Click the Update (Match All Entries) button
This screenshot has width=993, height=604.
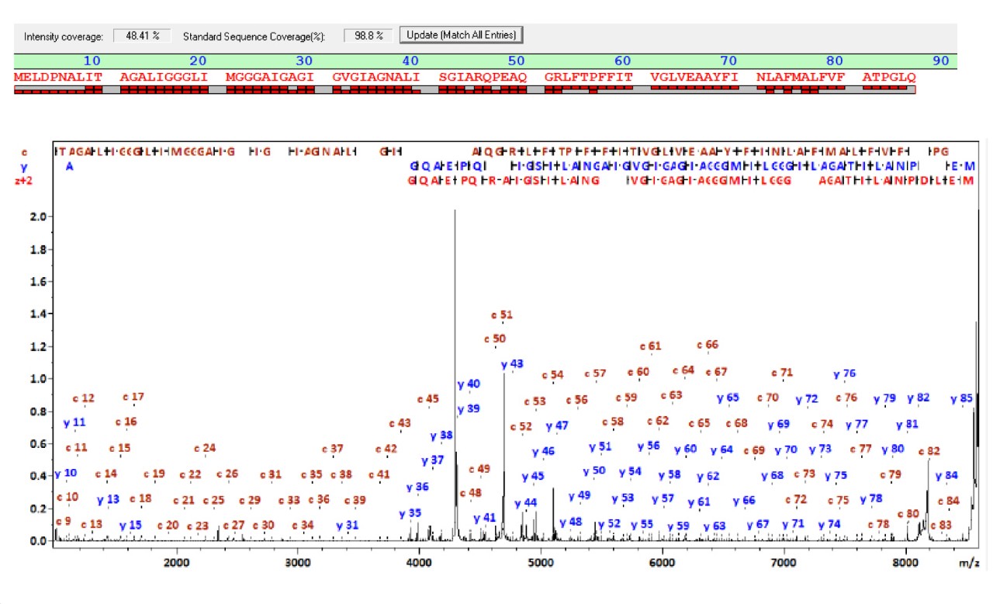point(462,36)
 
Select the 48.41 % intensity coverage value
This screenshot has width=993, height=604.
point(142,36)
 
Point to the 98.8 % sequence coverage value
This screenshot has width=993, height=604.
point(368,36)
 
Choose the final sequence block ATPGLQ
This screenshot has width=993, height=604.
point(889,77)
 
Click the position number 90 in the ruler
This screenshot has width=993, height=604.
point(941,61)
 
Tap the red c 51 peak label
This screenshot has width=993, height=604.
point(503,315)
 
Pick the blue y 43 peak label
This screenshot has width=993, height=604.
point(512,364)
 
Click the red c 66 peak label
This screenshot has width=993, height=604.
point(708,345)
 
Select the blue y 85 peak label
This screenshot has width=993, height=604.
point(961,399)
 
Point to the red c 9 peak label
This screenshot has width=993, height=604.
point(64,521)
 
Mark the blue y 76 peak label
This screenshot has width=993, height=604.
point(844,374)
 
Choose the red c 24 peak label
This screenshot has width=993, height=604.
point(205,448)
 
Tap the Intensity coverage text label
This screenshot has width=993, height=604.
point(63,36)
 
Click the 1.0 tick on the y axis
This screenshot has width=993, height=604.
point(39,379)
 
